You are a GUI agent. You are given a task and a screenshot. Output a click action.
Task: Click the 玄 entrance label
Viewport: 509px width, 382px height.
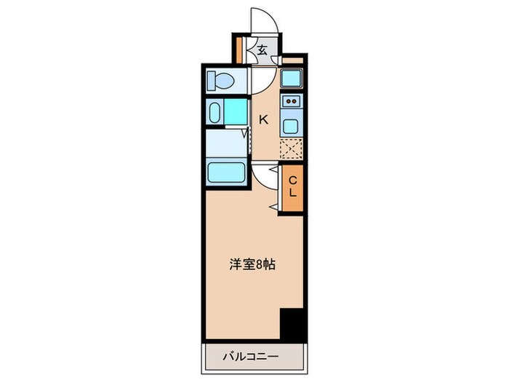pos(261,50)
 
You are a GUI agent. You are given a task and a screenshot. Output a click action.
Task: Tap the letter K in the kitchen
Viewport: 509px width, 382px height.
pos(264,120)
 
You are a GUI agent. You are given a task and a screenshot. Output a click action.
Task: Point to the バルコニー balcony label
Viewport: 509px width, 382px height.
pos(251,358)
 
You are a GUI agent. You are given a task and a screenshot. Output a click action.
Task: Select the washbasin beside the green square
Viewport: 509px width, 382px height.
pos(215,112)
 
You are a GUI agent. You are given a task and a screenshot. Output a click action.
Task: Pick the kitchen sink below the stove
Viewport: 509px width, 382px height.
pos(291,125)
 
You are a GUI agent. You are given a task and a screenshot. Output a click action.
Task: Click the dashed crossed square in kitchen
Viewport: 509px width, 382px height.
pos(291,148)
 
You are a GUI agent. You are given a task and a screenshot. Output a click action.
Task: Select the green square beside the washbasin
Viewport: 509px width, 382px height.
pos(236,112)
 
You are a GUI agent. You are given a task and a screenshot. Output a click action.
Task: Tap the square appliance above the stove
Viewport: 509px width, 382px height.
pos(291,78)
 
